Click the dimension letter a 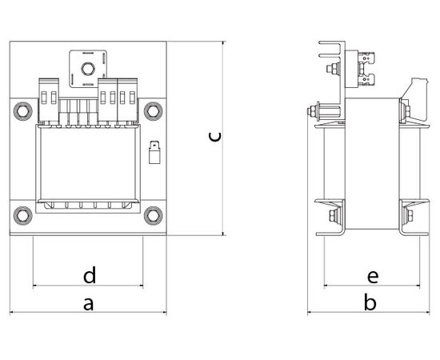(x=88, y=305)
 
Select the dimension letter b (x=370, y=302)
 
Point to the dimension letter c (x=215, y=137)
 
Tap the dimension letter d (x=90, y=275)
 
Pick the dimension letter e (x=373, y=277)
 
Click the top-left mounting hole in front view (x=23, y=111)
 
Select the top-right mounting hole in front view (x=154, y=111)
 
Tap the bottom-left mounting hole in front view (x=23, y=215)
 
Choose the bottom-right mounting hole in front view (x=154, y=215)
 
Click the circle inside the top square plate (x=88, y=69)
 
